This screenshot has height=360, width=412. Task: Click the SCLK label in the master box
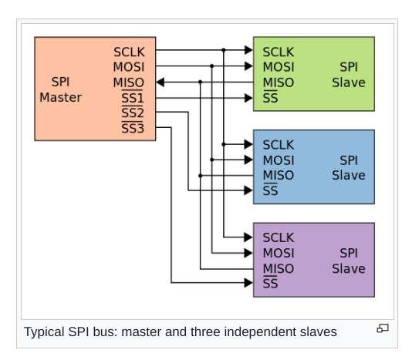129,52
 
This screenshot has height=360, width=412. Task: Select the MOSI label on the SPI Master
129,67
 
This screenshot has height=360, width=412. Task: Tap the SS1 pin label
133,98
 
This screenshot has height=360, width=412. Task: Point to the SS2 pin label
133,113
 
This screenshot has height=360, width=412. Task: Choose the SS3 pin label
133,129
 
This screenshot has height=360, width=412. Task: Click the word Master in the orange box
60,97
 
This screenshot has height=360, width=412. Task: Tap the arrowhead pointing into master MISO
160,82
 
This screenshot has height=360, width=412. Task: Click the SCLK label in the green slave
279,52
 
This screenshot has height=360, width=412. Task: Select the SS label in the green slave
270,98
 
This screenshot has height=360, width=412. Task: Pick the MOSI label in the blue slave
279,160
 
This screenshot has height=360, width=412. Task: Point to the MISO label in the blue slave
279,176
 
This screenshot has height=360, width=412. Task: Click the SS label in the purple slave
270,284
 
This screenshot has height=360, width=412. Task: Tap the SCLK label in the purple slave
279,237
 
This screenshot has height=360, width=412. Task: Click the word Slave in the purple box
349,268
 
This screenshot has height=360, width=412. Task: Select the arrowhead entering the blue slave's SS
248,190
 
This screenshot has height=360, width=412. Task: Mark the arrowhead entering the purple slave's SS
248,283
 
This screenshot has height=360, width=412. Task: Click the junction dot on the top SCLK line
223,50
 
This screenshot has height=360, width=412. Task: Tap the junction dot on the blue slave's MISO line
201,176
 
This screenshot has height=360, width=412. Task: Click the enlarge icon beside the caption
383,328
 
